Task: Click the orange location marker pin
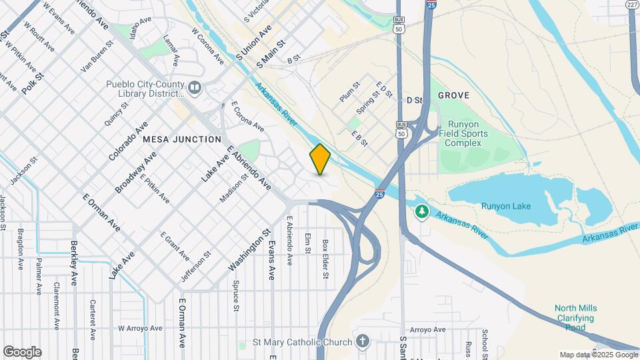point(320,159)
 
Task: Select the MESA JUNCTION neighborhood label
point(181,139)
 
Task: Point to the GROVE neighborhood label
point(453,96)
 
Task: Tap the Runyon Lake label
point(505,206)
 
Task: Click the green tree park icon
point(421,212)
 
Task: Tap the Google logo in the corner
point(22,351)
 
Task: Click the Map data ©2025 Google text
point(598,355)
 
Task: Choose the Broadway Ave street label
point(135,171)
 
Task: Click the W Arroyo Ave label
point(140,328)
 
